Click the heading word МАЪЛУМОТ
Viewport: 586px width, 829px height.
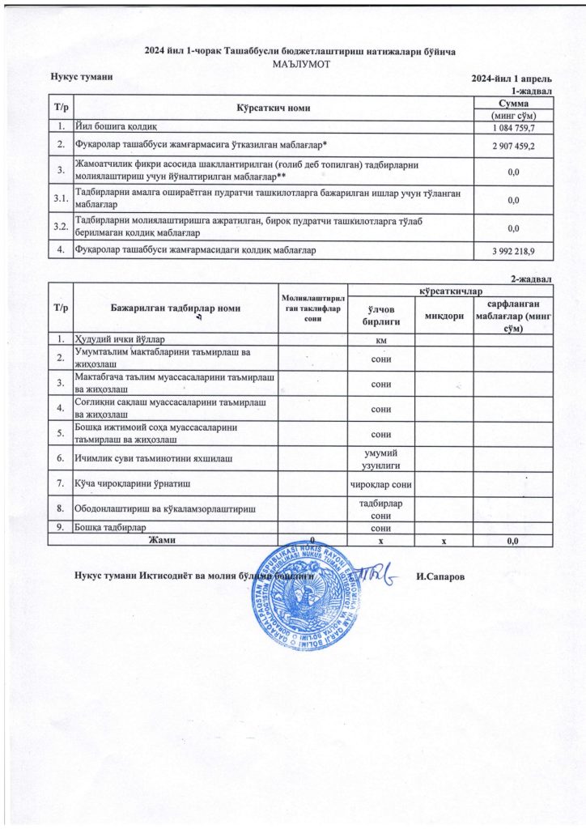tap(300, 63)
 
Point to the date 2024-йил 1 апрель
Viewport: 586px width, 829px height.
tap(512, 79)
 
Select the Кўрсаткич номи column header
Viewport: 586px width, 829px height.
tap(274, 108)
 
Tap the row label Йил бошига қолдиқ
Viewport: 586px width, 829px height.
tap(121, 126)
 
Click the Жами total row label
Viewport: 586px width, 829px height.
tap(162, 539)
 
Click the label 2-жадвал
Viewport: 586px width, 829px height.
tap(531, 279)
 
